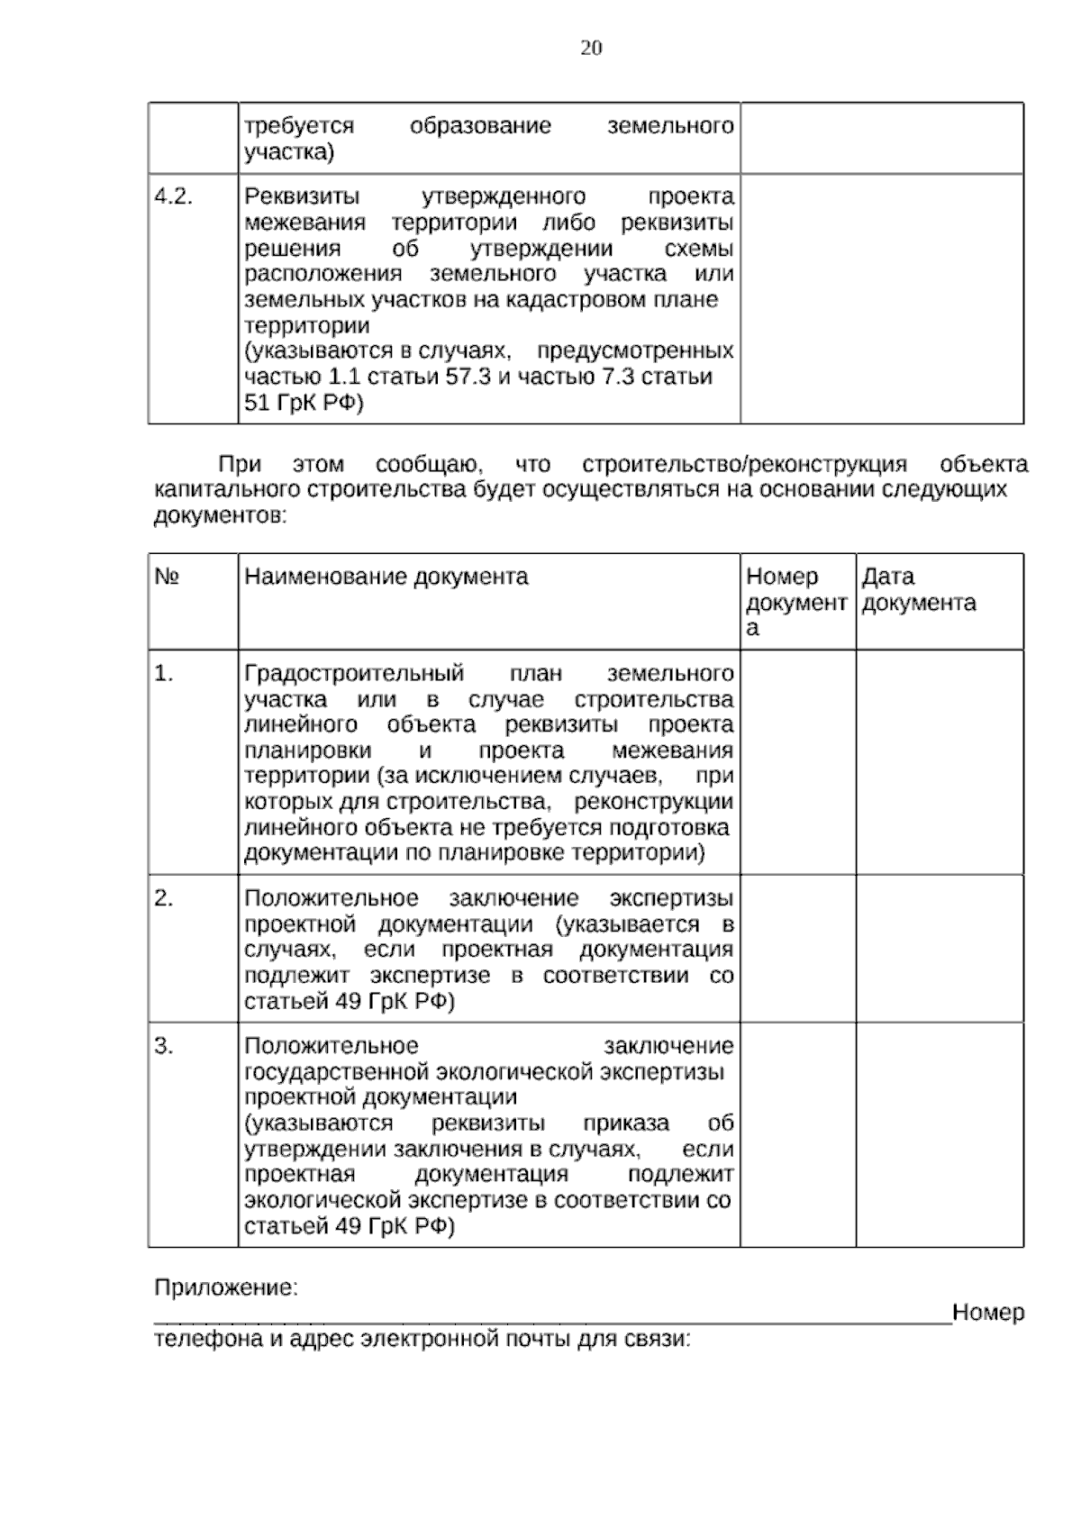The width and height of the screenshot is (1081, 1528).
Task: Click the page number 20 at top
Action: coord(591,49)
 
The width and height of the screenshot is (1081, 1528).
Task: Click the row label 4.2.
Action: coord(174,197)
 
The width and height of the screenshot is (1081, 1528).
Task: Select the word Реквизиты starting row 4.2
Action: coord(302,197)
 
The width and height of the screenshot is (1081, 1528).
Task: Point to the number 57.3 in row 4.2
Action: coord(468,377)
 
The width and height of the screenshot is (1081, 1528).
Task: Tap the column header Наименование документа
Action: coord(386,577)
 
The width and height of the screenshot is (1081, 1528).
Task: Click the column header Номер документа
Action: coord(795,601)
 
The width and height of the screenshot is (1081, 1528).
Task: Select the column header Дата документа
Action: coord(918,589)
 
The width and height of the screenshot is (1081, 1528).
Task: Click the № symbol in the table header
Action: coord(168,577)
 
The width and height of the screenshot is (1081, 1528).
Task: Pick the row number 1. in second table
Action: coord(164,674)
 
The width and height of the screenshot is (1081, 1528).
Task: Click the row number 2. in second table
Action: coord(164,898)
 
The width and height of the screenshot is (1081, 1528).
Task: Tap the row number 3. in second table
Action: coord(164,1046)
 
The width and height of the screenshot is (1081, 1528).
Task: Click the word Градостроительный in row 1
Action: coord(354,674)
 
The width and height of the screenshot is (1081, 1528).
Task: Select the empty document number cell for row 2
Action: coord(797,948)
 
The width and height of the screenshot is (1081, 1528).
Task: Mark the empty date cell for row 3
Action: coord(939,1134)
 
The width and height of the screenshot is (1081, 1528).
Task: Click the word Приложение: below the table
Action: coord(226,1288)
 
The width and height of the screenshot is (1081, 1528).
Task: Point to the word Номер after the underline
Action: coord(988,1313)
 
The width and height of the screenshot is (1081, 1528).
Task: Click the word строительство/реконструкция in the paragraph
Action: coord(744,465)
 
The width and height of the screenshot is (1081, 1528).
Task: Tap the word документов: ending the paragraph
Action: coord(221,516)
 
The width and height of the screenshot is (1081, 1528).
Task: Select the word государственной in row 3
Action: coord(337,1072)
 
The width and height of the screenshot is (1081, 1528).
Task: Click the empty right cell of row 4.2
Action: coord(881,298)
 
